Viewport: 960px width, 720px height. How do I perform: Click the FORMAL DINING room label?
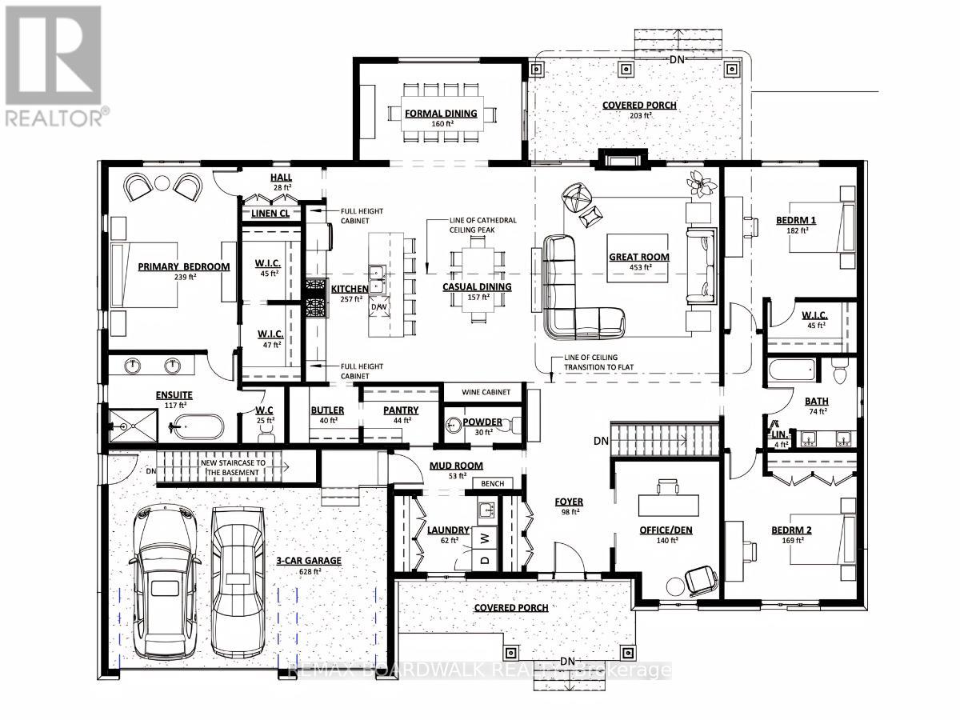click(x=441, y=113)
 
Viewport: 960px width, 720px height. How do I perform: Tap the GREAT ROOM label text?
click(x=638, y=257)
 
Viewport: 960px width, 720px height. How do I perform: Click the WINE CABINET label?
click(x=482, y=392)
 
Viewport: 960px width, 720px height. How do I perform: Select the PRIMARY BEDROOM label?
click(x=183, y=267)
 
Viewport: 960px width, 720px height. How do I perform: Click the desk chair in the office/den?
click(x=700, y=580)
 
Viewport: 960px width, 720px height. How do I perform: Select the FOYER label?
click(x=569, y=502)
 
